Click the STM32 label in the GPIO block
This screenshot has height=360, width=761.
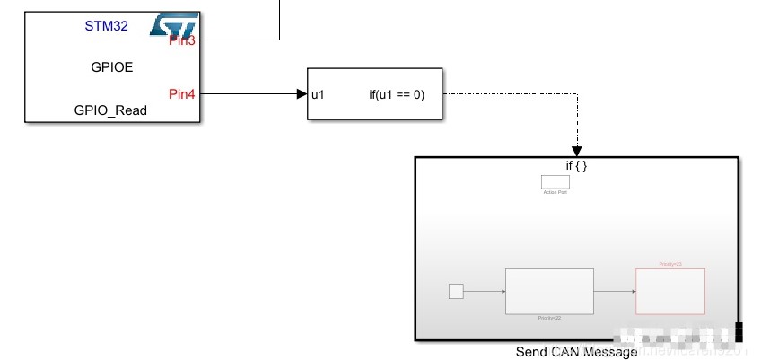click(106, 26)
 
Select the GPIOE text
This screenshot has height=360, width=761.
click(112, 66)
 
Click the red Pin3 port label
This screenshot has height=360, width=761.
click(182, 41)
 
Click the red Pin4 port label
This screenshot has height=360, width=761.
click(182, 93)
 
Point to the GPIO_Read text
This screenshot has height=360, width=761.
click(110, 110)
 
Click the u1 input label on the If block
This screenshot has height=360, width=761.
click(318, 94)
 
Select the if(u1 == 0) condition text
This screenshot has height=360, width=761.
click(397, 94)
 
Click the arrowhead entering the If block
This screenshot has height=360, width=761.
click(302, 93)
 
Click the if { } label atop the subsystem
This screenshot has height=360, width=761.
click(576, 166)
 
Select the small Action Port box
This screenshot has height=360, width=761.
click(555, 181)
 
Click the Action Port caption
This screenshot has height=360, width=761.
click(555, 192)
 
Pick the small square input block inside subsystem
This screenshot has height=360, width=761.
click(456, 291)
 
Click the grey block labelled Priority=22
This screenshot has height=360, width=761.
click(549, 291)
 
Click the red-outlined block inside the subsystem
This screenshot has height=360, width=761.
click(670, 291)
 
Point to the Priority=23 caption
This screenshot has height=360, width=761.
click(670, 264)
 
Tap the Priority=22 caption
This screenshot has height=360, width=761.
click(549, 318)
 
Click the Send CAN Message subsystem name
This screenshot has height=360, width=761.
click(576, 352)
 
